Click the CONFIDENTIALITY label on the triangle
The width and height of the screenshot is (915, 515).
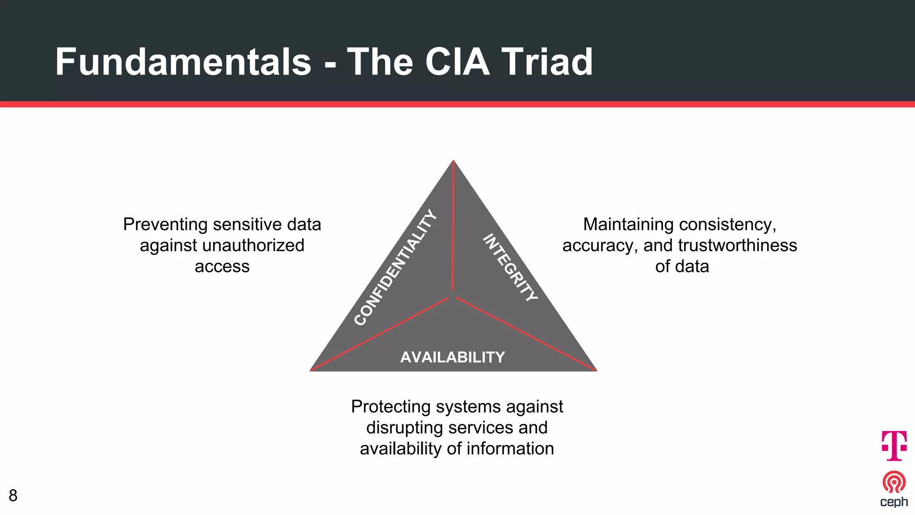point(395,267)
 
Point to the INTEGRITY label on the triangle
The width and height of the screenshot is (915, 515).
point(511,267)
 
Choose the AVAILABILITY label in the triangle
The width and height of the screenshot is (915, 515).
point(453,357)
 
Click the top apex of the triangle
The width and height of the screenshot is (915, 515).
point(453,162)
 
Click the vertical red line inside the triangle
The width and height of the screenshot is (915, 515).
point(453,228)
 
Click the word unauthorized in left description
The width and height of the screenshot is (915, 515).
point(253,245)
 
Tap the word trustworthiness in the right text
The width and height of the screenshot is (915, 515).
point(737,245)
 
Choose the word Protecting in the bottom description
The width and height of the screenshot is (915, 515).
point(390,407)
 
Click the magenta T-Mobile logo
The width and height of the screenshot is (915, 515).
point(894,445)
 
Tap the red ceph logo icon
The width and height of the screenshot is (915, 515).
point(894,482)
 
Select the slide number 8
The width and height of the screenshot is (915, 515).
point(13,495)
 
